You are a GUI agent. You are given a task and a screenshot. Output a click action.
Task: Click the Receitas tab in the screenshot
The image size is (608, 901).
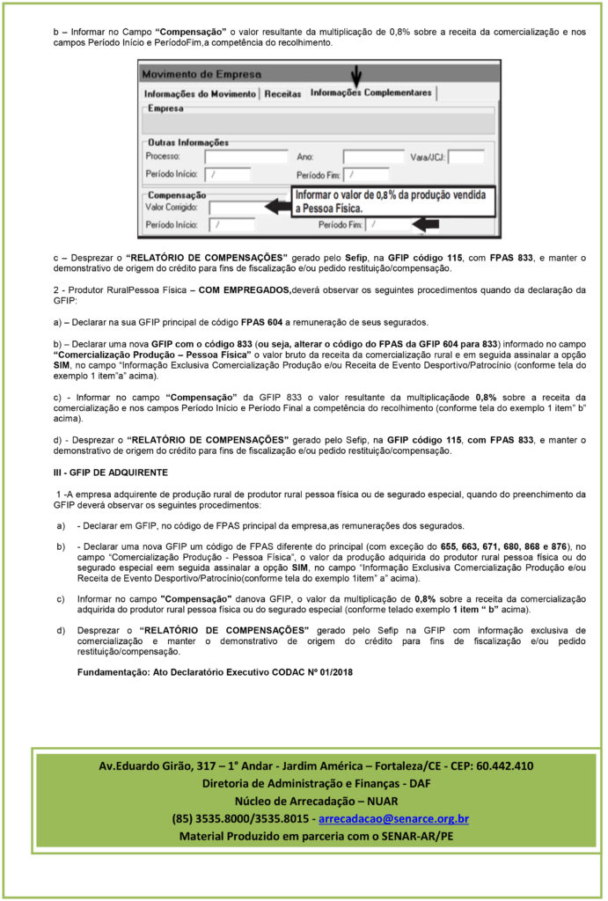coord(282,93)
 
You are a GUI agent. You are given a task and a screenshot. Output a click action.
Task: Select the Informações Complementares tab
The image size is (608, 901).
coord(371,92)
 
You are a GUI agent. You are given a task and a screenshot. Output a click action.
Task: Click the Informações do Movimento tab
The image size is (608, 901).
coord(200,93)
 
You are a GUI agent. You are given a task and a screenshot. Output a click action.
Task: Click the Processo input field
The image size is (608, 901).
coord(245,157)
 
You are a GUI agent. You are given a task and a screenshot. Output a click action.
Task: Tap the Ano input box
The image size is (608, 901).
coord(373,157)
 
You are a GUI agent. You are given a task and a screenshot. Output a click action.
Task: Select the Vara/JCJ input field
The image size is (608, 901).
coord(466,157)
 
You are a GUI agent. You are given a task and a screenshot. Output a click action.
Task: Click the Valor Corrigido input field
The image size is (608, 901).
coord(235,208)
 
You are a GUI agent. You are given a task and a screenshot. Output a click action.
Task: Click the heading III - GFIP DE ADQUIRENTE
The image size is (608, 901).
coord(103,472)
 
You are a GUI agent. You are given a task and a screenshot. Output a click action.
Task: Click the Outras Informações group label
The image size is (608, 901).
coord(188,142)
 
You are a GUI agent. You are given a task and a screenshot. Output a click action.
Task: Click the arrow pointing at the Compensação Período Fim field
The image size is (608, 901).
coord(426,225)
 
